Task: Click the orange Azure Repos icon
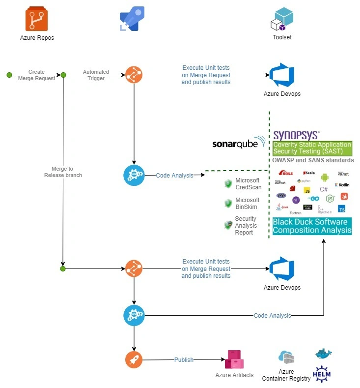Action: pos(37,20)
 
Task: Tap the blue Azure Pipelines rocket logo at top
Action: pos(132,19)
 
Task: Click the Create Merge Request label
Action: pos(36,75)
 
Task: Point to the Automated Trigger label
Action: pos(96,75)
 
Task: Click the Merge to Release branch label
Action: pos(63,172)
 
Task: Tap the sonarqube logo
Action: pos(238,143)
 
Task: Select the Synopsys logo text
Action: pos(296,135)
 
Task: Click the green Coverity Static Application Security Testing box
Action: pos(312,149)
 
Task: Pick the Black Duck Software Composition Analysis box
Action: pos(312,226)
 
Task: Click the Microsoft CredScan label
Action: pos(248,184)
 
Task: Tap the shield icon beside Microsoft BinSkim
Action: pos(228,203)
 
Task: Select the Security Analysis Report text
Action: pos(245,225)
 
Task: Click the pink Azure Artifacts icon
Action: pos(234,360)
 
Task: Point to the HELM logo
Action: pos(322,374)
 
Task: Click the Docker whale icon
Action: pos(323,354)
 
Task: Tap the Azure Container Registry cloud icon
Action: pos(286,358)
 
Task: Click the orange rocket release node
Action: pos(134,360)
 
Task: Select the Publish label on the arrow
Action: pos(184,360)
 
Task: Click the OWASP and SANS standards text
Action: pos(313,160)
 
